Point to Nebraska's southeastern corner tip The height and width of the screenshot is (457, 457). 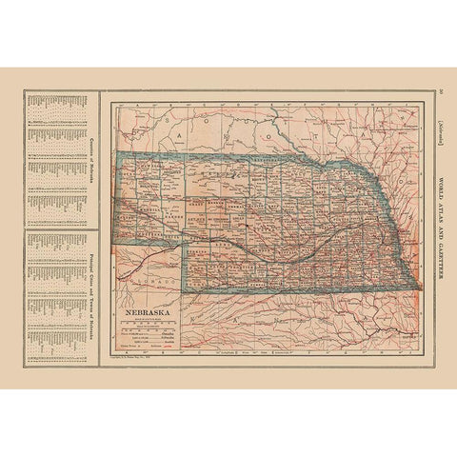tap(416, 283)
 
